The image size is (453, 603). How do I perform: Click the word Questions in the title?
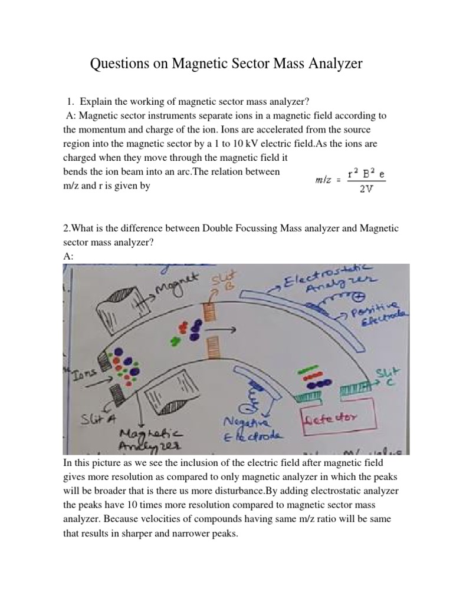click(x=122, y=64)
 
